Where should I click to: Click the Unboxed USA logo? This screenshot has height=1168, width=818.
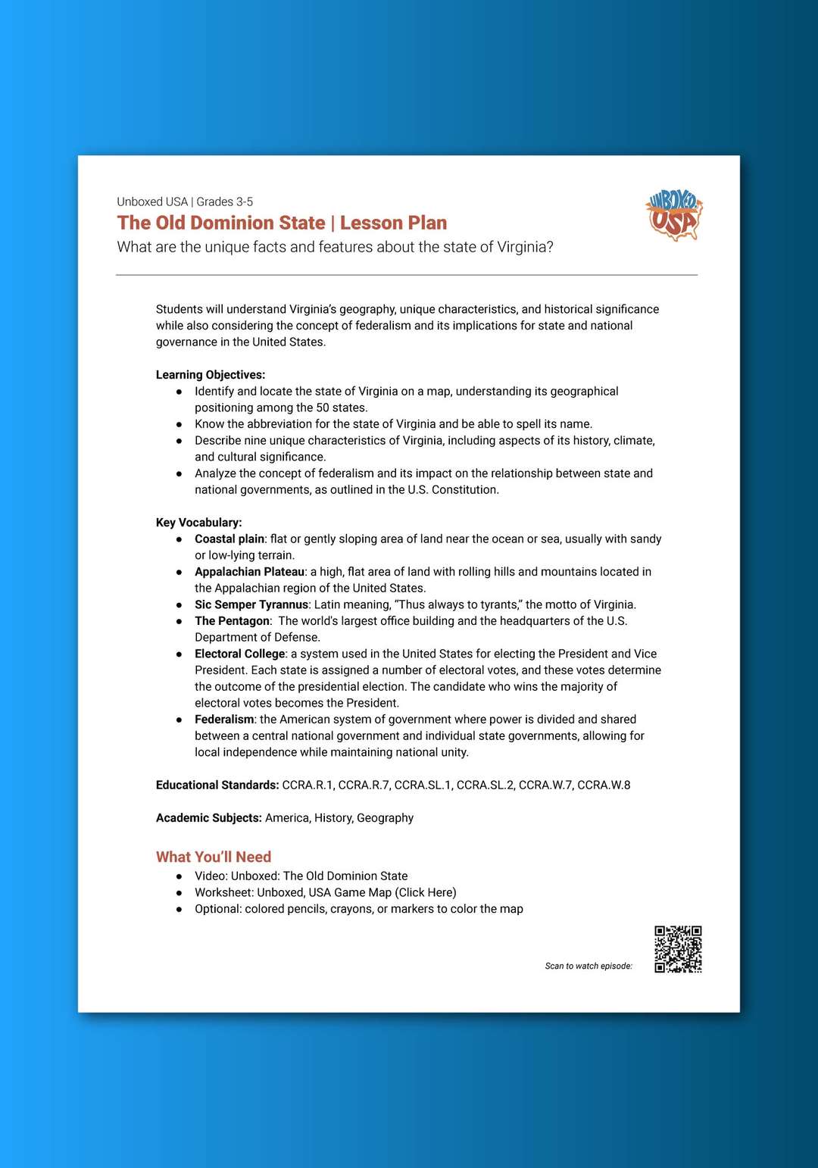coord(673,215)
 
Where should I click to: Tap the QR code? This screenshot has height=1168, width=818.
coord(678,949)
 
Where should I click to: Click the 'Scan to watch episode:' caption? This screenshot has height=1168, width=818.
coord(589,966)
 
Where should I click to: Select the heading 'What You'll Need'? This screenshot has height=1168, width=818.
coord(214,857)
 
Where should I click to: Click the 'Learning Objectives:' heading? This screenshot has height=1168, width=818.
coord(211,375)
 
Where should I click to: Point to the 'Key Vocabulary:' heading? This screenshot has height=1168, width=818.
coord(199,523)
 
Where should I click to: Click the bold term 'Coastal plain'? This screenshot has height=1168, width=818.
coord(229,539)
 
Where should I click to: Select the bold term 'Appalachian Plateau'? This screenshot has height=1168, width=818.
coord(250,572)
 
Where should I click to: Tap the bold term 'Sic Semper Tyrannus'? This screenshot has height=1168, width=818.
coord(251,604)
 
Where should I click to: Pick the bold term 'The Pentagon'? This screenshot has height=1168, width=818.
coord(232,621)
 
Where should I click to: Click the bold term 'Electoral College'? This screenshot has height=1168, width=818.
coord(240,654)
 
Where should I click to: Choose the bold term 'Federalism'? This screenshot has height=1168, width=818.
coord(224,720)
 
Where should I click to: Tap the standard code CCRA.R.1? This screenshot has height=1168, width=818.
coord(308,785)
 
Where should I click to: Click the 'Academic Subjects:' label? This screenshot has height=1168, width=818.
coord(209,818)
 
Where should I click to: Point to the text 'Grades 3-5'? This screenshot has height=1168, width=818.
coord(225,202)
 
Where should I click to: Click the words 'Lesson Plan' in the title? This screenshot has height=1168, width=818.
coord(393,223)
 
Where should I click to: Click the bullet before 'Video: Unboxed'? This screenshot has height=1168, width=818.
coord(180,876)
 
